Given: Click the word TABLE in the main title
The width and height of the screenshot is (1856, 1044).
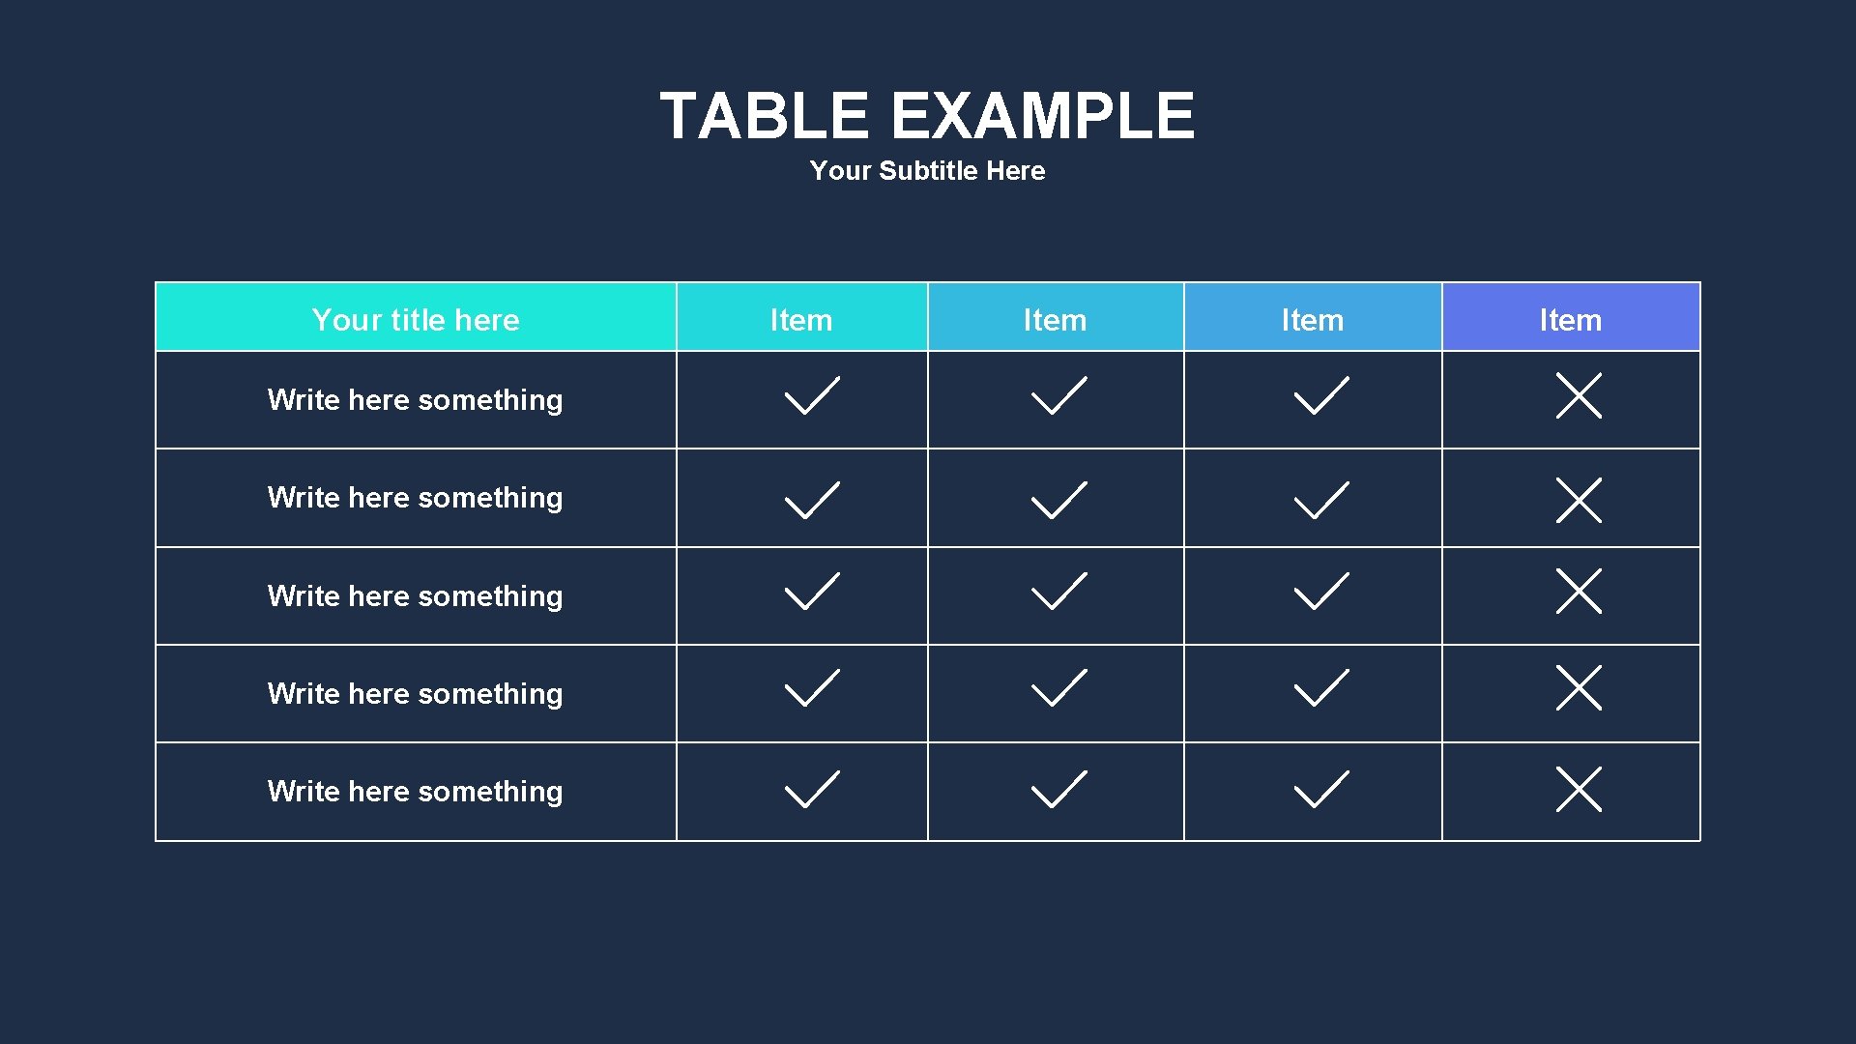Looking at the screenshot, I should tap(764, 116).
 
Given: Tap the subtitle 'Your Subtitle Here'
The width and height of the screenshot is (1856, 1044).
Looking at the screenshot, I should tap(927, 171).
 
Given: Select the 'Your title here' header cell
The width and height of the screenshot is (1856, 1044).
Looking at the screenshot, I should tap(416, 320).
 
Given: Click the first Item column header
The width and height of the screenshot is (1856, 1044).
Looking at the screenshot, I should tap(800, 320).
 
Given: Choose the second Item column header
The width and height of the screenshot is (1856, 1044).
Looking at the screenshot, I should tap(1055, 320).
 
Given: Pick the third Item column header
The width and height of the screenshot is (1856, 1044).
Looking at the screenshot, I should tap(1312, 320).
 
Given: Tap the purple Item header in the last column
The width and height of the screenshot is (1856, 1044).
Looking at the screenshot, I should tap(1570, 320).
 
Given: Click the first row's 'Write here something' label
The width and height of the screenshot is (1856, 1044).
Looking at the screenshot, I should tap(415, 400).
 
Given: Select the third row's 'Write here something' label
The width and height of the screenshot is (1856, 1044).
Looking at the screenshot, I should tap(415, 596).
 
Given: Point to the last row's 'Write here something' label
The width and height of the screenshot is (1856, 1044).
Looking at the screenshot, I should tap(415, 792).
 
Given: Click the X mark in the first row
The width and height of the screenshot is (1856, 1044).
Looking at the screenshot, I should tap(1579, 395).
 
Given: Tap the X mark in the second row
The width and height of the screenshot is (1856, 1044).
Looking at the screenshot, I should tap(1579, 500).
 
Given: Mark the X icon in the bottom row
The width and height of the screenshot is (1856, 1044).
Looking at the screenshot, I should tap(1579, 789).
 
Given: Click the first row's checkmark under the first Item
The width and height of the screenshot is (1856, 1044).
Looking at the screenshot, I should tap(811, 396).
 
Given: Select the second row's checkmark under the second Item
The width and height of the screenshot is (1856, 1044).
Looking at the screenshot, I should tap(1058, 501).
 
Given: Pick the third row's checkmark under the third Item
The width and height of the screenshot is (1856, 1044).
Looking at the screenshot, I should tap(1320, 592).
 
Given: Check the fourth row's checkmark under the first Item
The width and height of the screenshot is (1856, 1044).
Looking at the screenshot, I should tap(811, 688).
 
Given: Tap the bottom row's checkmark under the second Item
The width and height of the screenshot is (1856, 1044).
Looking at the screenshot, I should tap(1058, 789).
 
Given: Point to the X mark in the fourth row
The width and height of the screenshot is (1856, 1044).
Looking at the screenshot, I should tap(1579, 687).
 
